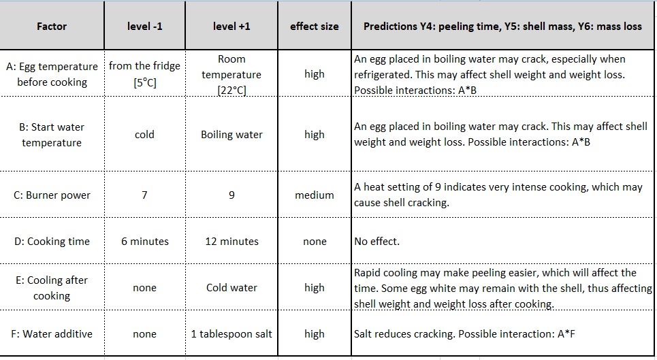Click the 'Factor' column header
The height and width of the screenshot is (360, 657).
(x=52, y=27)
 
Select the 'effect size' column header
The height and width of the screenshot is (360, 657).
(x=314, y=27)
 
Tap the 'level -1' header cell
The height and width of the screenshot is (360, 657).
(x=144, y=27)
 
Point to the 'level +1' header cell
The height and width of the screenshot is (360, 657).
(x=231, y=27)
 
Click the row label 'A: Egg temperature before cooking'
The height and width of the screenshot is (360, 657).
(x=52, y=74)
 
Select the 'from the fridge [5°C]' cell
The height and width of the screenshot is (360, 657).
(x=144, y=74)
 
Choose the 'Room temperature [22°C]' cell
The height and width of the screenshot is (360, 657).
(x=231, y=74)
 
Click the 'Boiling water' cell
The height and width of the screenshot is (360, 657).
(x=231, y=135)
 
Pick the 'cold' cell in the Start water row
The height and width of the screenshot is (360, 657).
(x=144, y=135)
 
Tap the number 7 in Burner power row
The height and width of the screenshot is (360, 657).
(x=144, y=195)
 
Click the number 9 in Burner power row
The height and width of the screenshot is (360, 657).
(x=231, y=195)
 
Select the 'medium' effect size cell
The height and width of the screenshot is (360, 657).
(x=314, y=195)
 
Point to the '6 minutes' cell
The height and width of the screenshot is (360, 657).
(x=144, y=242)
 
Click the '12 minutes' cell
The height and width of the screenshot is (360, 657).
(x=231, y=242)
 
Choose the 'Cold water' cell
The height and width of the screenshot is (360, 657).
(x=231, y=288)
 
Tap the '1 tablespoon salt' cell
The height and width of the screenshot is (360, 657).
(x=231, y=334)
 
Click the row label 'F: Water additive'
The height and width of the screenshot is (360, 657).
(x=52, y=334)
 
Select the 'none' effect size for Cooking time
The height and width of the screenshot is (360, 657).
(x=314, y=242)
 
